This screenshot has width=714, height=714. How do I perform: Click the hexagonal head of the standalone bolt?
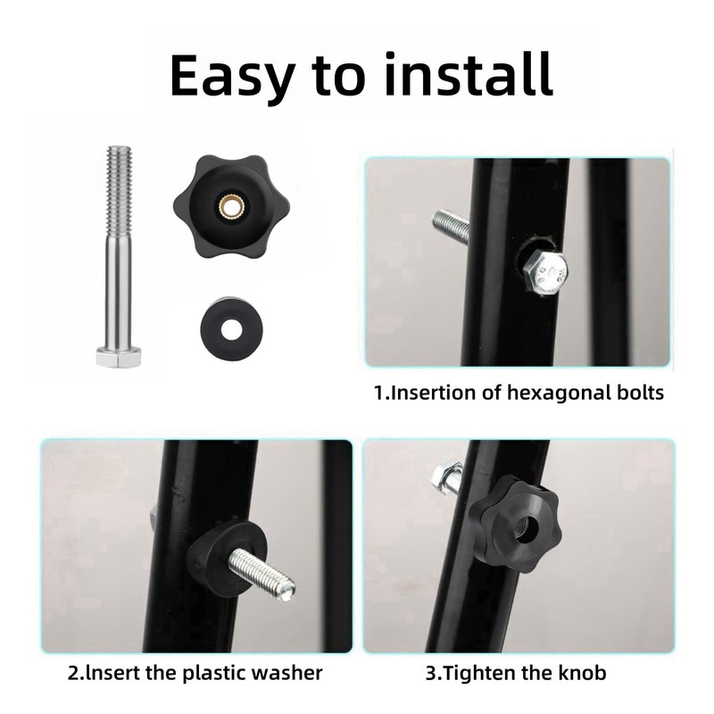(x=117, y=358)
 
